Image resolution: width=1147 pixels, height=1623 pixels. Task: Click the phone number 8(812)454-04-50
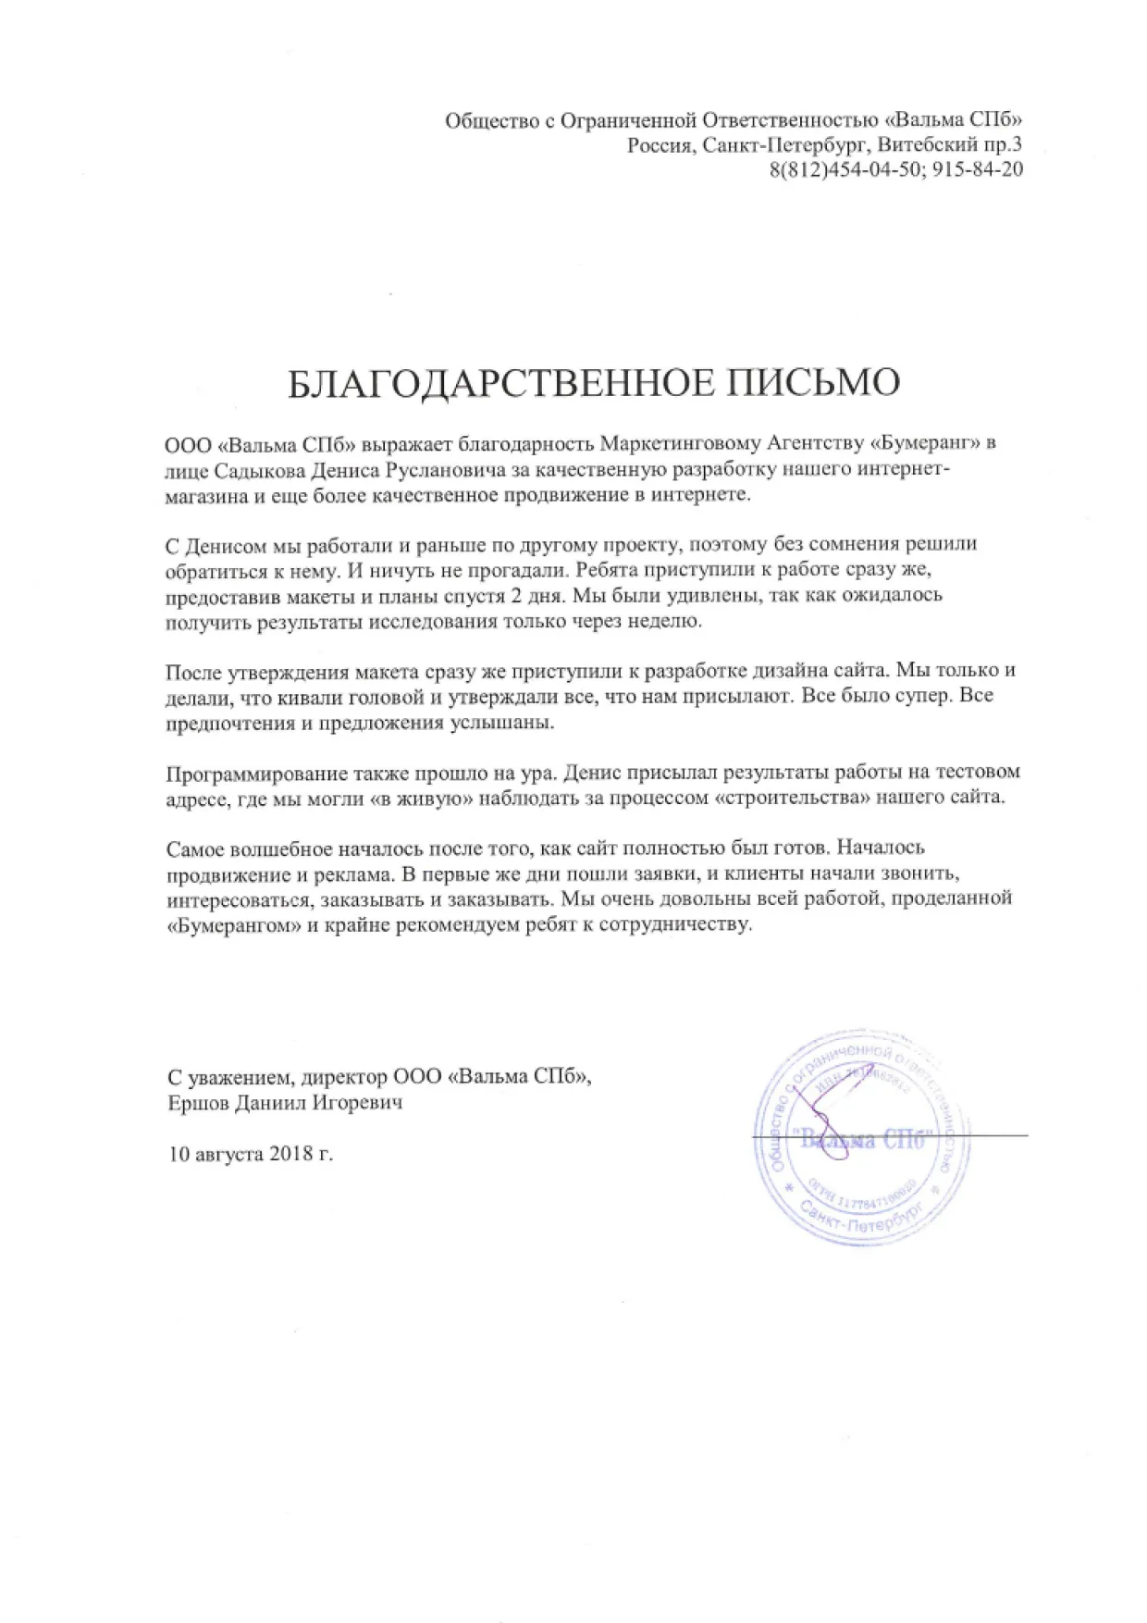837,169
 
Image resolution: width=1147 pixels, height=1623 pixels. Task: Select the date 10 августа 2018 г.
250,1154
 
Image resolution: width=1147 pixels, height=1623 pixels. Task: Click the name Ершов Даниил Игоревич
284,1102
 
